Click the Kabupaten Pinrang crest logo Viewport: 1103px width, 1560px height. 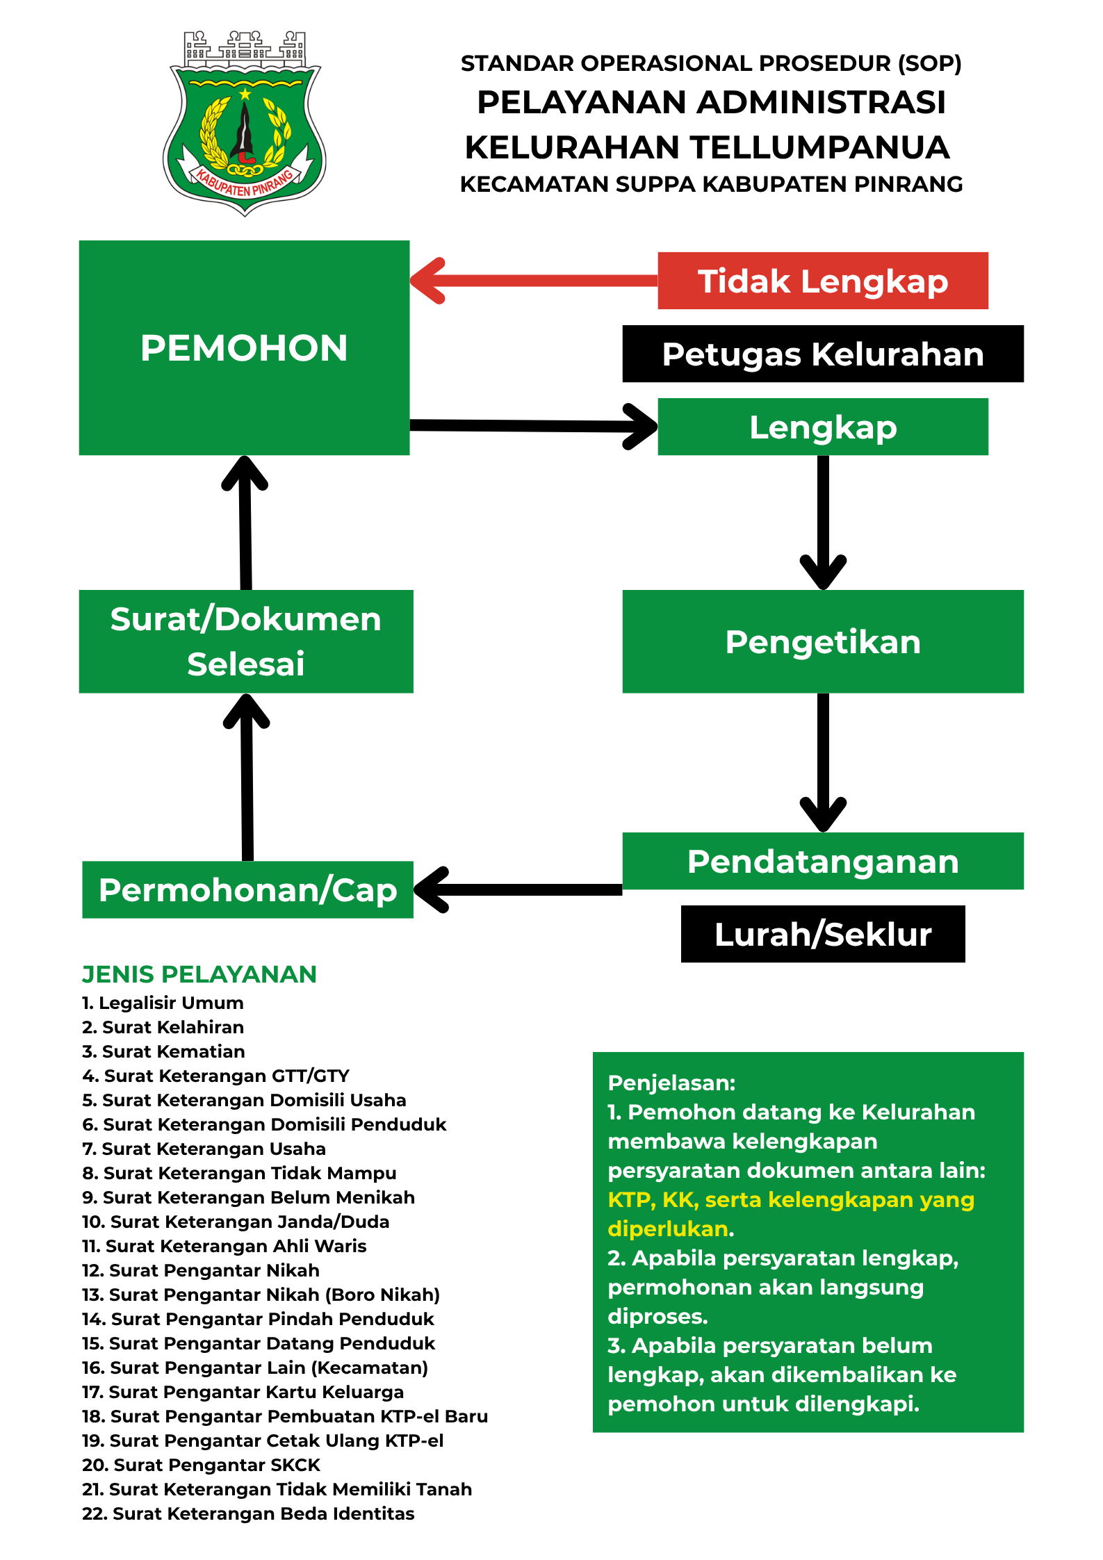click(x=245, y=124)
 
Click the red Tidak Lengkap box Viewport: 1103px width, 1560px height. click(x=822, y=281)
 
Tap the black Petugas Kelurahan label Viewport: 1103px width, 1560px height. click(x=822, y=354)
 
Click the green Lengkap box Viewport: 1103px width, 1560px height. click(x=822, y=427)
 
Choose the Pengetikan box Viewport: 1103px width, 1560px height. click(x=822, y=641)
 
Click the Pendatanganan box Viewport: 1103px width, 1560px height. click(x=822, y=861)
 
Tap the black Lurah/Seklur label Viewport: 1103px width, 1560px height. click(x=822, y=934)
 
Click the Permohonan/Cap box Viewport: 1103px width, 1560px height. click(x=247, y=890)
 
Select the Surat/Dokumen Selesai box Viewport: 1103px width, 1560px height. click(x=246, y=641)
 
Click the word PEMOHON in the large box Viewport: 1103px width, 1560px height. click(x=244, y=348)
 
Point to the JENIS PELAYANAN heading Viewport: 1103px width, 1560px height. click(x=199, y=974)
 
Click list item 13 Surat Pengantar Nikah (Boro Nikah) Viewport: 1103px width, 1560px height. click(x=261, y=1295)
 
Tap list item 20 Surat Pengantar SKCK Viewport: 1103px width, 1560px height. click(x=201, y=1465)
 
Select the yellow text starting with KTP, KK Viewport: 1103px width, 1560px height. click(x=790, y=1200)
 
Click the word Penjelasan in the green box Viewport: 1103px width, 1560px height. click(x=671, y=1083)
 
